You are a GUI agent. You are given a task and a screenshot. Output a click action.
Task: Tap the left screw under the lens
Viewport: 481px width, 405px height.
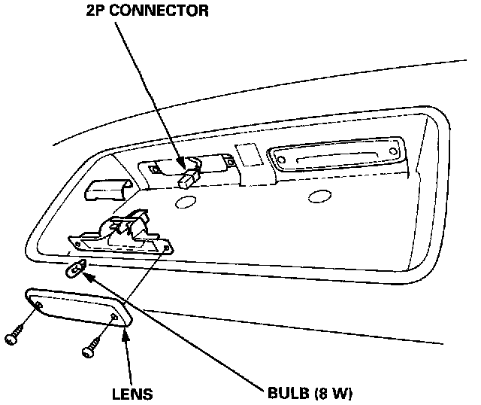point(14,338)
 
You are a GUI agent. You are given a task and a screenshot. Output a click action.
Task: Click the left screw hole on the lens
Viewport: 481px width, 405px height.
point(38,303)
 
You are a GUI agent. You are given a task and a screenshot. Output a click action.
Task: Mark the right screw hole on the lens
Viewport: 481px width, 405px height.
point(113,319)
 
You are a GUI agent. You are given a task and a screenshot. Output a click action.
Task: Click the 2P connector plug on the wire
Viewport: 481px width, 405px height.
point(189,178)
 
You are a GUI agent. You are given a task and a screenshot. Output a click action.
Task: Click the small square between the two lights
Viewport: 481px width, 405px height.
point(246,153)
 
